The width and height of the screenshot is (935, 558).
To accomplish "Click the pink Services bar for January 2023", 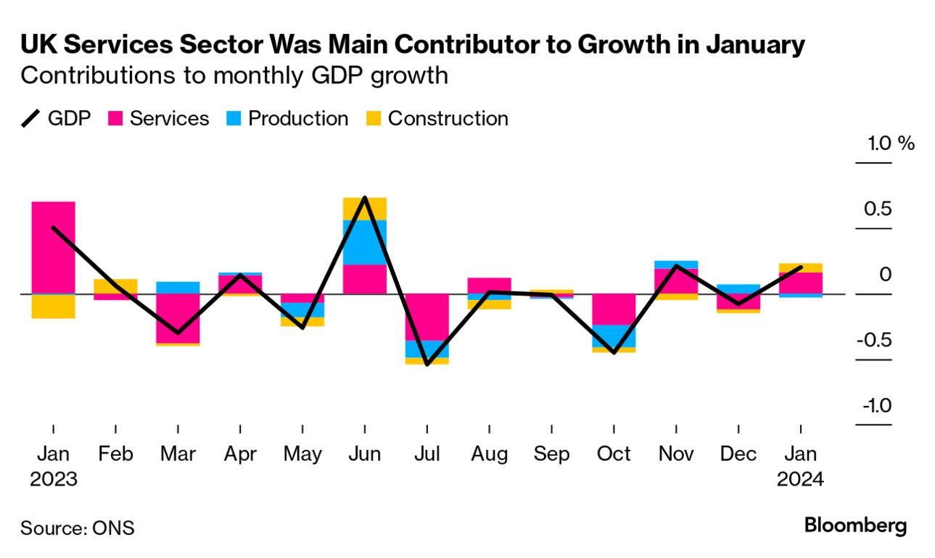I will pos(54,246).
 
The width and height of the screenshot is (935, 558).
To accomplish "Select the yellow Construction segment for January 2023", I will pos(54,307).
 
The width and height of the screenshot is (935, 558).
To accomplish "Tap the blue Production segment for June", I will pos(365,242).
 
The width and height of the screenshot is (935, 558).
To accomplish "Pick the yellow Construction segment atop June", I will pos(365,208).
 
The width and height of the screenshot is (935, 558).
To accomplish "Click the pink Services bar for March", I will pos(178,317).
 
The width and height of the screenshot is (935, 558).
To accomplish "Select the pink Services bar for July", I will pos(427,317).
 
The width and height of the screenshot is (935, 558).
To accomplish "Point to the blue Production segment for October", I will pos(614,336).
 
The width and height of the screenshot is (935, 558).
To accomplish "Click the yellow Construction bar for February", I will pos(116,286).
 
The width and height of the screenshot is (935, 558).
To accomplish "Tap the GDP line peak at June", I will pos(365,198).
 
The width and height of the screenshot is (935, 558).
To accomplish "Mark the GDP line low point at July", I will pos(427,365).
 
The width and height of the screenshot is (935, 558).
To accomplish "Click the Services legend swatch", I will pos(116,119).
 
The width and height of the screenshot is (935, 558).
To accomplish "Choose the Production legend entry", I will pos(297,119).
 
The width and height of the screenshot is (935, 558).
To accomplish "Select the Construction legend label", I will pos(448,119).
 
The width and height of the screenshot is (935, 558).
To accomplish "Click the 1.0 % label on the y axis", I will pos(891,143).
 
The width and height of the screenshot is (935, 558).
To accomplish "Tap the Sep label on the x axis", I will pos(551,454).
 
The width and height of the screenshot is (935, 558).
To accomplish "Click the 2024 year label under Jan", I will pos(800,480).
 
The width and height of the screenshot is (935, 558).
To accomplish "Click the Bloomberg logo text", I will pos(855,525).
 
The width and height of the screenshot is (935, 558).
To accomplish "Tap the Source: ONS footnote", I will pos(78,528).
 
